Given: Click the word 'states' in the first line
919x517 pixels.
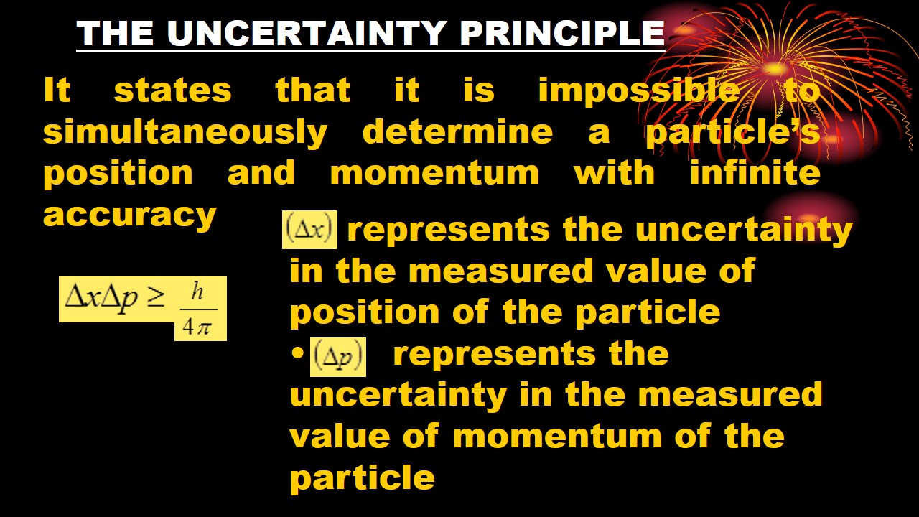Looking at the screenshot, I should tap(172, 90).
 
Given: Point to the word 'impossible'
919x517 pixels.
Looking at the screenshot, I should tap(638, 90).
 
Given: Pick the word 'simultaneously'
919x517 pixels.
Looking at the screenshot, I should tap(185, 132).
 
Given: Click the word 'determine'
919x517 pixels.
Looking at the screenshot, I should tap(457, 132).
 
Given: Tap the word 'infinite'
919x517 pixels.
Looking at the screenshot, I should tap(755, 173).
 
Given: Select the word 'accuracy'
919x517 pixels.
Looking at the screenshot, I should tap(129, 214).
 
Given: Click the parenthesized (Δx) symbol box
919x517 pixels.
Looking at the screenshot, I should tap(309, 230).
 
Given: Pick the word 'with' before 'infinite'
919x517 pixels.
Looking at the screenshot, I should tap(614, 173).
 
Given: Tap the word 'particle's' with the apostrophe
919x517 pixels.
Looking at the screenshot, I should tap(732, 132).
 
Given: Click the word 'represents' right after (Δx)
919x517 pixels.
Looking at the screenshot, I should tap(449, 230).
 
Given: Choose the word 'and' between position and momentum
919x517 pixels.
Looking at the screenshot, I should tap(261, 173).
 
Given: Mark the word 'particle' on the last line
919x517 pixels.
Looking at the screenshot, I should tap(362, 477).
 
